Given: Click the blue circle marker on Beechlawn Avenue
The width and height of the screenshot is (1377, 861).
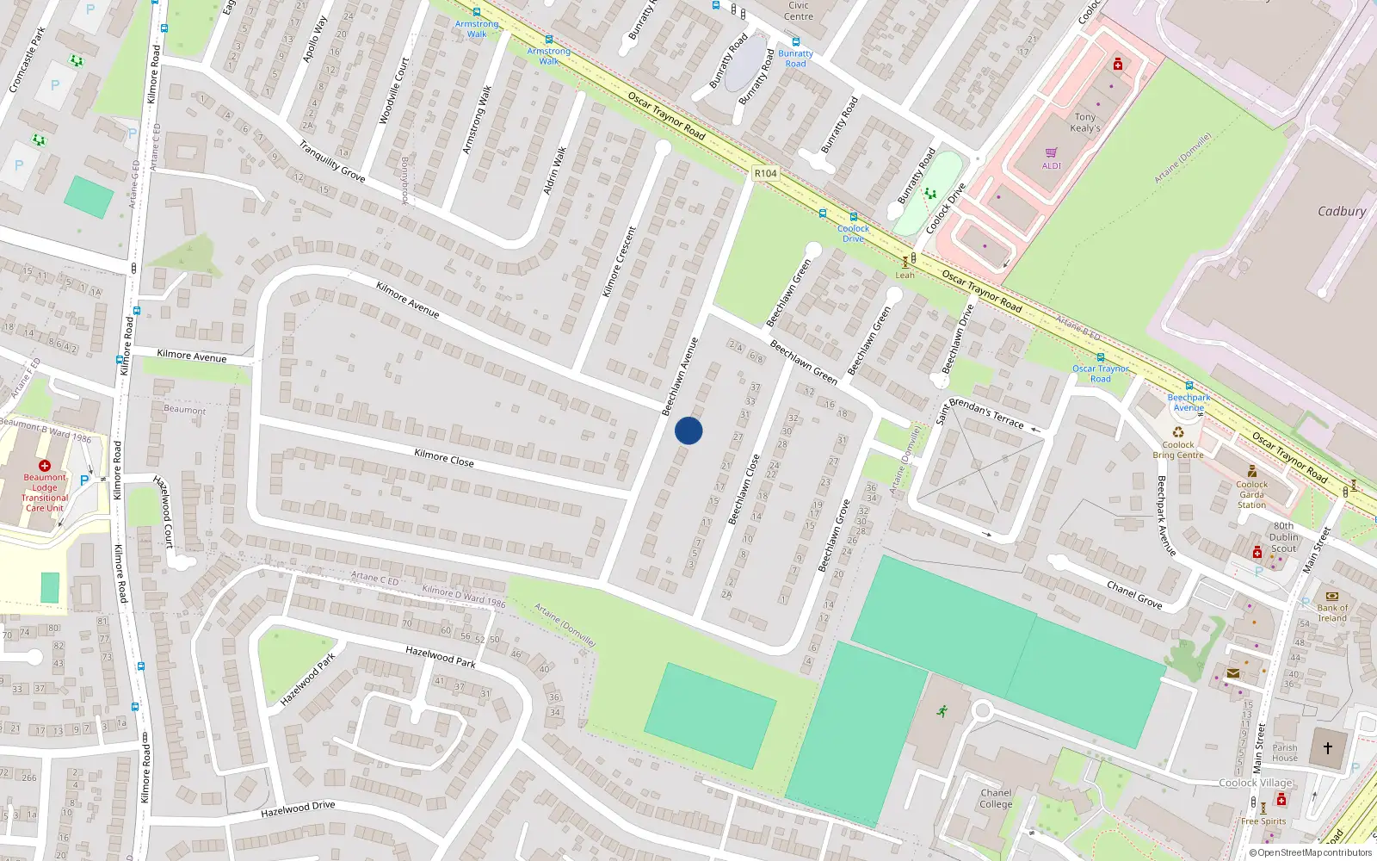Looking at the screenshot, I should click(x=688, y=430).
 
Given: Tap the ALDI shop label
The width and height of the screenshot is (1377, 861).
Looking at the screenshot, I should click(x=1052, y=165).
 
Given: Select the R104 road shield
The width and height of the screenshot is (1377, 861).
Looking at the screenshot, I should click(x=765, y=173).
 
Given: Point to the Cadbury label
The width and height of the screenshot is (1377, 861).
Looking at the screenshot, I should click(x=1341, y=211).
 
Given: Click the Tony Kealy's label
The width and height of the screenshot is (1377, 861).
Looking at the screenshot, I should click(x=1085, y=122).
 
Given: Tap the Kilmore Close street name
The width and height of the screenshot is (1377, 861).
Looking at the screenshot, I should click(x=444, y=457).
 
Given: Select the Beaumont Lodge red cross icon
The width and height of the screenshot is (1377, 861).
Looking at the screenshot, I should click(x=45, y=465).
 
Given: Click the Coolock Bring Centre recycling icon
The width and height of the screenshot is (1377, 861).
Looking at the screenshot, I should click(x=1178, y=432).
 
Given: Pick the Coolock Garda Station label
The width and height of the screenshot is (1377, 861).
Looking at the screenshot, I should click(x=1252, y=494).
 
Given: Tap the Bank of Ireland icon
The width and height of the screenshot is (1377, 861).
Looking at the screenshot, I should click(x=1332, y=596).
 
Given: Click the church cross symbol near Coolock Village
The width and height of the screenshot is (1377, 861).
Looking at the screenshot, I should click(x=1328, y=748).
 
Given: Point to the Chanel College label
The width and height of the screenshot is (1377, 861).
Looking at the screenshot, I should click(x=996, y=798).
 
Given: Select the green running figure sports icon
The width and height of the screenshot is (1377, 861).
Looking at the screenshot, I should click(x=942, y=711).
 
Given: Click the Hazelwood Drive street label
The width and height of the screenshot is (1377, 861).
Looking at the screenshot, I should click(x=298, y=809).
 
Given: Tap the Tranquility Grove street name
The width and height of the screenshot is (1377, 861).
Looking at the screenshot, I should click(x=332, y=161).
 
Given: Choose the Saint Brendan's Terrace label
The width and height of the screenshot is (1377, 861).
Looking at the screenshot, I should click(x=981, y=413).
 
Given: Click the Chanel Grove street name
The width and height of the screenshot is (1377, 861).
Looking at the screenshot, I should click(x=1134, y=594).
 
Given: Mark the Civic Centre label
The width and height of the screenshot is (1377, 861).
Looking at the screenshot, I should click(x=799, y=10).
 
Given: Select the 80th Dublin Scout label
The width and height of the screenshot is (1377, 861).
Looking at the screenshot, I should click(x=1283, y=536).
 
